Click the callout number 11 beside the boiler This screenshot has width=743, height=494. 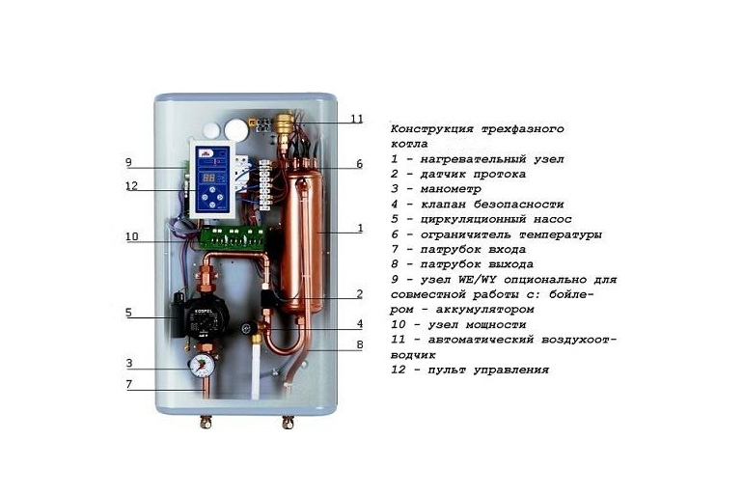pyautogui.click(x=357, y=119)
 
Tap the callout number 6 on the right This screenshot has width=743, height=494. pyautogui.click(x=359, y=164)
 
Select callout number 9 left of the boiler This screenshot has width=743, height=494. pyautogui.click(x=128, y=162)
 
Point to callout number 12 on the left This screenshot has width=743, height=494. pyautogui.click(x=131, y=186)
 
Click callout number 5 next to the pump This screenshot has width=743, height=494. pyautogui.click(x=128, y=313)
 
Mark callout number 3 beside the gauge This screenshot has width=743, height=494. pyautogui.click(x=128, y=364)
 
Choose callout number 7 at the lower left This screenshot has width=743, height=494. pyautogui.click(x=128, y=386)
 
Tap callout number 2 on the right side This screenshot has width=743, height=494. pyautogui.click(x=359, y=294)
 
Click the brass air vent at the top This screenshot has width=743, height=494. pyautogui.click(x=284, y=124)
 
